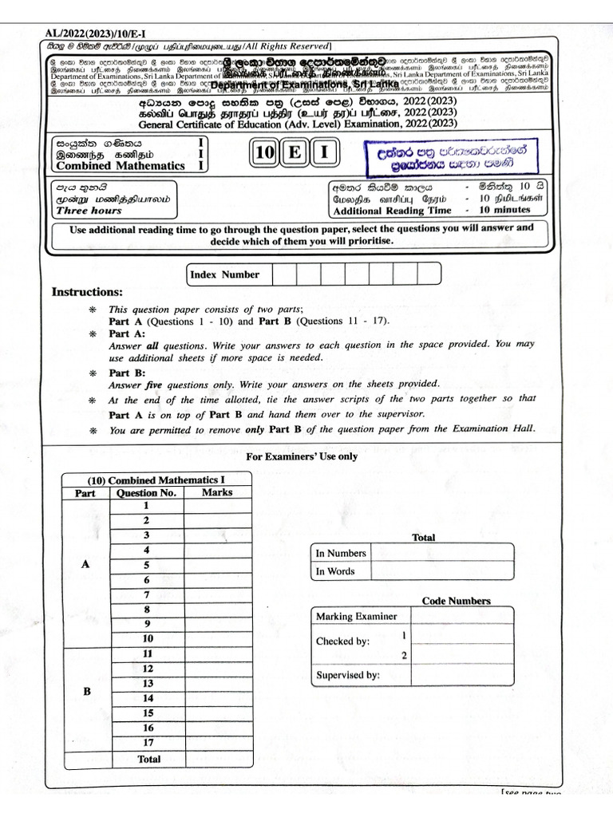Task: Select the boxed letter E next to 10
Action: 295,152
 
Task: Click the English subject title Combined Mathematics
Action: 120,166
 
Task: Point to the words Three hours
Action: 89,211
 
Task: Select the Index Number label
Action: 224,274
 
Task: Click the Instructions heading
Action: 87,292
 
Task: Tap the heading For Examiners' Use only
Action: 302,456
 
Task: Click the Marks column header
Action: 217,492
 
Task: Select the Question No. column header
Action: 147,492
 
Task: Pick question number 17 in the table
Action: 148,743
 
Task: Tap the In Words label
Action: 335,571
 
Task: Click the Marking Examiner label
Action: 356,616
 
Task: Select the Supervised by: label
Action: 347,675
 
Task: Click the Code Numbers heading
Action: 456,601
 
